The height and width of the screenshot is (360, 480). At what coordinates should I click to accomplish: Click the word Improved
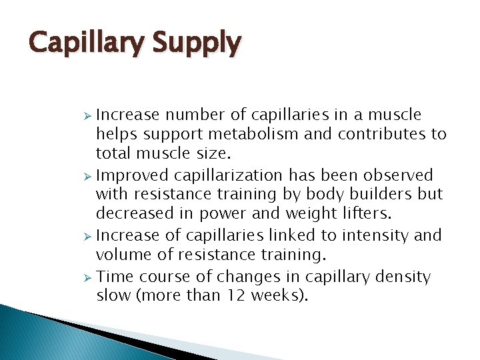[x=133, y=175]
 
